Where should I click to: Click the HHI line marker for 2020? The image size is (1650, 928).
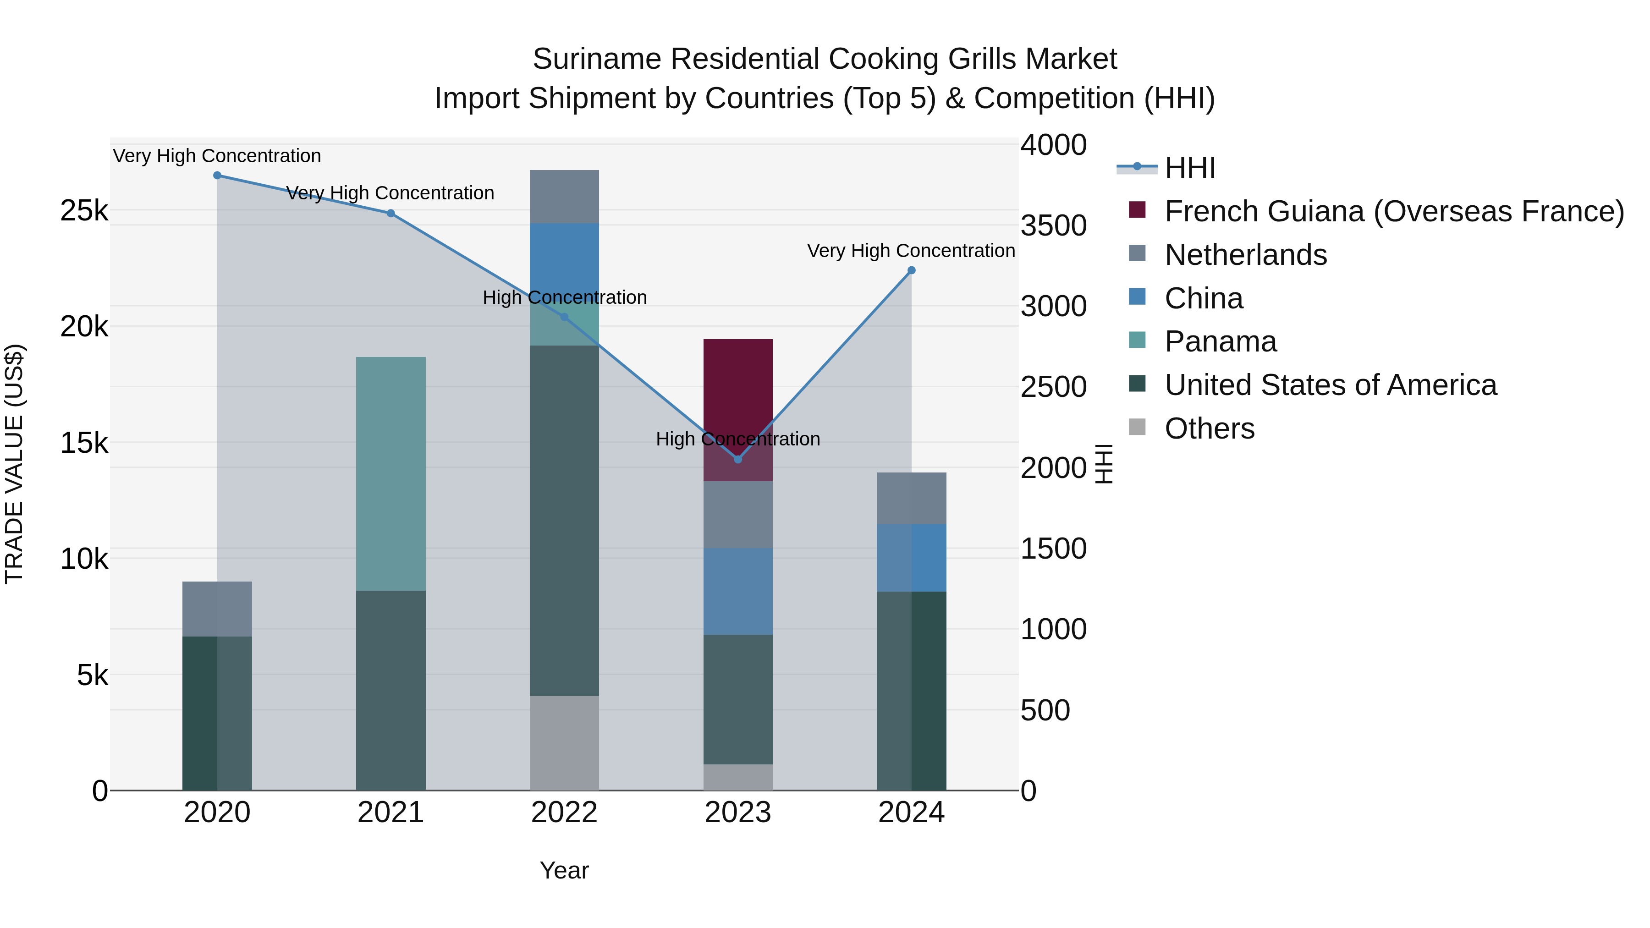(x=217, y=176)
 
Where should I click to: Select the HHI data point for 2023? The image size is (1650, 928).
(x=738, y=459)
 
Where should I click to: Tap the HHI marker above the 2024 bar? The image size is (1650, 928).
(x=912, y=270)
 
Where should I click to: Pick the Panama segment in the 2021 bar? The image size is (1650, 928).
(x=390, y=474)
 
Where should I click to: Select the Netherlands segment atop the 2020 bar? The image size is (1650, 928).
(x=217, y=609)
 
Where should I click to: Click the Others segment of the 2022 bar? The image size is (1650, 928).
(x=564, y=743)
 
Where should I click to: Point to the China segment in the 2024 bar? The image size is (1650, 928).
(x=912, y=558)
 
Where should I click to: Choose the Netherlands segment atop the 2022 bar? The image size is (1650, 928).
(x=564, y=197)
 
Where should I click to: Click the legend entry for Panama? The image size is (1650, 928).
(x=1220, y=342)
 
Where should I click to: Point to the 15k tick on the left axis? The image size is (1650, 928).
(x=84, y=443)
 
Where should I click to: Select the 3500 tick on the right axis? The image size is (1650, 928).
(x=1053, y=226)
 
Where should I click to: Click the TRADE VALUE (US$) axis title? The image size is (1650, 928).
(x=14, y=464)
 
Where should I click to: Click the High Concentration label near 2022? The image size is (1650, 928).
(x=564, y=298)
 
